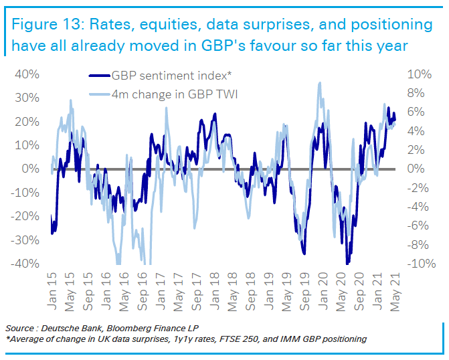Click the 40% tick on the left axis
click(x=25, y=74)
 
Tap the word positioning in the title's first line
click(x=391, y=25)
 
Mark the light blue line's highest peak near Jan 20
click(x=321, y=82)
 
